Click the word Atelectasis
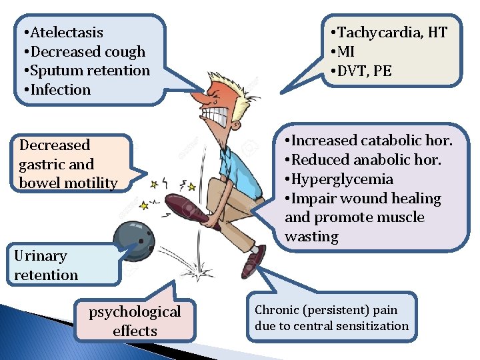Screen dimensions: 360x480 [67, 32]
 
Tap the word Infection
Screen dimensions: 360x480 [61, 89]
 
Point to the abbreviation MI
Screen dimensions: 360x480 [347, 51]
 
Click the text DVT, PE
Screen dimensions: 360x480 [365, 71]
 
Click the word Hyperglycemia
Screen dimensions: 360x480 [342, 179]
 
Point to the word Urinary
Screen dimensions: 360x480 [41, 256]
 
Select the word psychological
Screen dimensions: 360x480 [135, 311]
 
